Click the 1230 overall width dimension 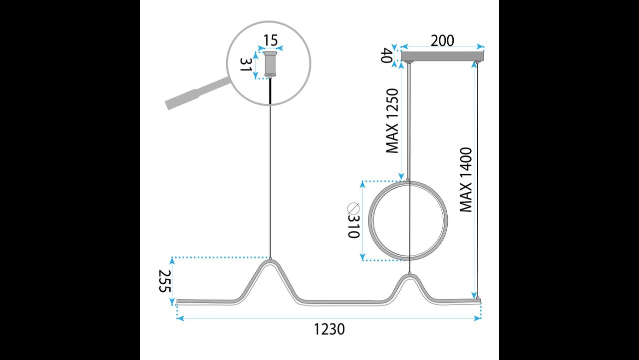tap(329, 329)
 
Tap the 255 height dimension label tap(165, 282)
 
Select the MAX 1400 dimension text tap(466, 179)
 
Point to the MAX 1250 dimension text tap(392, 120)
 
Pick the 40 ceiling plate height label tap(387, 55)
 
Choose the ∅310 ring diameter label tap(353, 220)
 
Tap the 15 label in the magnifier tap(270, 40)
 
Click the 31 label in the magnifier tap(245, 65)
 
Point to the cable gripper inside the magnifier tap(270, 64)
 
